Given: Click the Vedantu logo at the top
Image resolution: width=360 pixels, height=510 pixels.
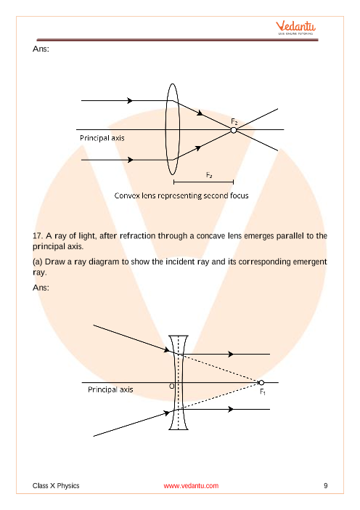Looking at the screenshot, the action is tap(295, 28).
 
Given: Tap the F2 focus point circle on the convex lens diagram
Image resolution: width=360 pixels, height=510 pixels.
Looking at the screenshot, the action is tap(234, 130).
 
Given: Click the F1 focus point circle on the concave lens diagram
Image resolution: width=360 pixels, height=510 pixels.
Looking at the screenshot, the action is tap(261, 382).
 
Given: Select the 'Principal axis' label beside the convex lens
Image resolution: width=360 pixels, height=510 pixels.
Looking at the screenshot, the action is tap(102, 138).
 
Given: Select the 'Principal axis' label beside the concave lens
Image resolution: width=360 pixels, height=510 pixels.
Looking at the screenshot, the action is tap(110, 389).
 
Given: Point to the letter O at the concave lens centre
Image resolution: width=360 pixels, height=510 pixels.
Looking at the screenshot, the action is tap(172, 386).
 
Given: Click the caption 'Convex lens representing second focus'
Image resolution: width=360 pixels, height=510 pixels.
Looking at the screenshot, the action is tap(181, 195).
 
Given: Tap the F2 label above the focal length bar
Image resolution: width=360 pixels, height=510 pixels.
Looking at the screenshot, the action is tap(209, 175).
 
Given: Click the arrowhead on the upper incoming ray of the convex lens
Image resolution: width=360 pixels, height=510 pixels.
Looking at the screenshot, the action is tap(130, 100).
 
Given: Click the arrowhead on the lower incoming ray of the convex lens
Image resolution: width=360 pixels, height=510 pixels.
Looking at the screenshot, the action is tap(131, 160).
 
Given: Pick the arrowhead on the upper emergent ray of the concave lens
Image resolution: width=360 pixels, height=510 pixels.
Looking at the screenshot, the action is tap(231, 354).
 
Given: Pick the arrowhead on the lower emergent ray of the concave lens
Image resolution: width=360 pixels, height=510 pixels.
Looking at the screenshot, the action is tap(231, 409).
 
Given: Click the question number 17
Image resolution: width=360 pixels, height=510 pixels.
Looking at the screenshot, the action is tap(38, 236).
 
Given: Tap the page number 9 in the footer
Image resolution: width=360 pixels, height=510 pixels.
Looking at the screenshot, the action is tap(326, 485).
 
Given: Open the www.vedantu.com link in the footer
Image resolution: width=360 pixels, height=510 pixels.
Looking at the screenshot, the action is tap(191, 486).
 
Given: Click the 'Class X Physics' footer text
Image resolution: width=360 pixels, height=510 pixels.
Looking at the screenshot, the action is tap(56, 485).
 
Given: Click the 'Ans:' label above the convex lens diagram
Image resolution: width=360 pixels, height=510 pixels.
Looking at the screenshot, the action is tap(41, 49).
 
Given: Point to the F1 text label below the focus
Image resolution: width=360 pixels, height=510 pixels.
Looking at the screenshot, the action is tap(263, 392).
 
